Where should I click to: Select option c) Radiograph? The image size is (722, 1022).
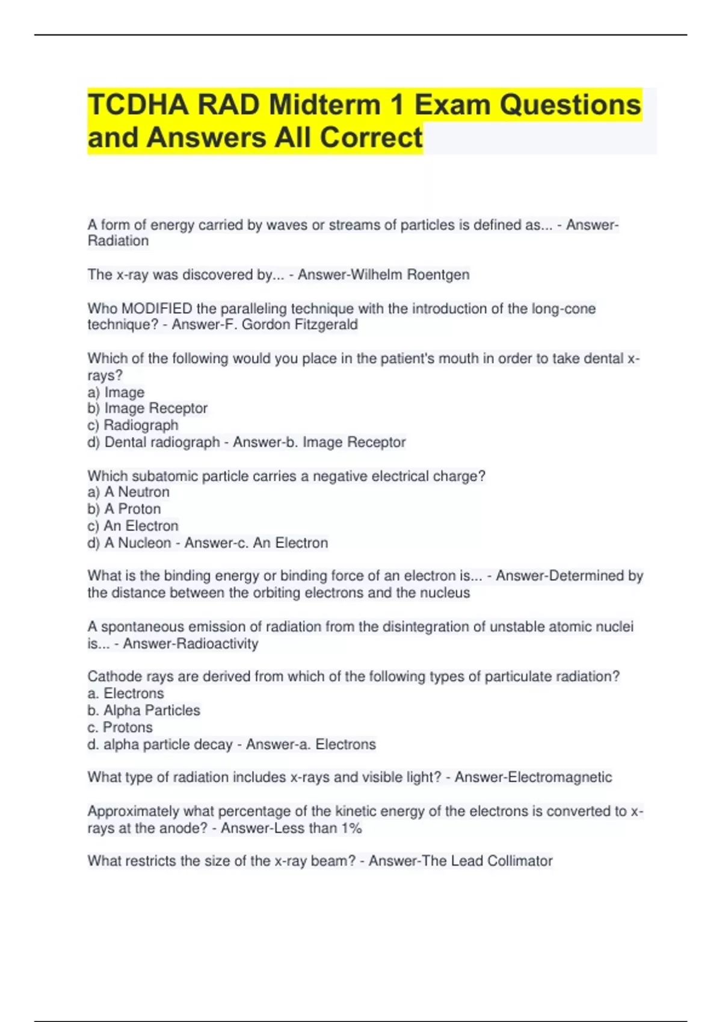(133, 425)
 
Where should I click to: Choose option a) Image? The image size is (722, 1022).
(116, 392)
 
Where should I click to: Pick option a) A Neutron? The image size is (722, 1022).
(129, 492)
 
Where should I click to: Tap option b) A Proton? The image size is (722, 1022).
(125, 509)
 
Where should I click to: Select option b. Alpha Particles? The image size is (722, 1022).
(144, 710)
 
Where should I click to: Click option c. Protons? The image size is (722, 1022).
(120, 727)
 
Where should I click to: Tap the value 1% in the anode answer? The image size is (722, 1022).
(351, 828)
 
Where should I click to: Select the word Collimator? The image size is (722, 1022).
(519, 861)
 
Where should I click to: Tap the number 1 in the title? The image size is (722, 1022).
(396, 105)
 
